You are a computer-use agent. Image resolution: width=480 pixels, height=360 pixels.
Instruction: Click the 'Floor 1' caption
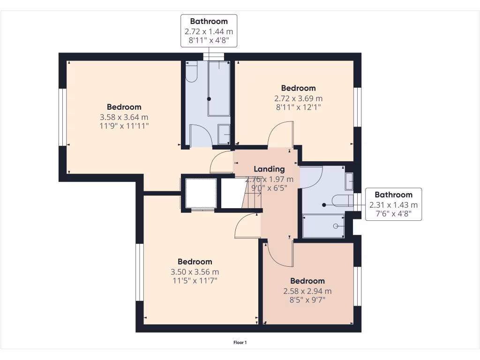tap(240, 343)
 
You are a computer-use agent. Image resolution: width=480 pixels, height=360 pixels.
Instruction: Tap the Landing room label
tap(269, 169)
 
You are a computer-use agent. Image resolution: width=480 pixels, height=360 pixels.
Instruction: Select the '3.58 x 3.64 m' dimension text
tap(124, 117)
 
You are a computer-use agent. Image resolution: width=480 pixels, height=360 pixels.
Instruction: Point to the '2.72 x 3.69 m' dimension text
tap(299, 98)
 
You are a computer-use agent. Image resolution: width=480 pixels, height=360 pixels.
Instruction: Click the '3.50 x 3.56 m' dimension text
tap(195, 272)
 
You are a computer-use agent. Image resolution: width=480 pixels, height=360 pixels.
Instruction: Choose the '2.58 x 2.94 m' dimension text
tap(307, 291)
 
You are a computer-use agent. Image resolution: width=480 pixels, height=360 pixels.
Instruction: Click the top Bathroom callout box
tap(209, 30)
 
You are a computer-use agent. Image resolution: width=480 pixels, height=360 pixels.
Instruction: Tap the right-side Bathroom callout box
tap(393, 204)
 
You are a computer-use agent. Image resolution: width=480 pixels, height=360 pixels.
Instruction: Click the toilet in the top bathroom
tap(191, 72)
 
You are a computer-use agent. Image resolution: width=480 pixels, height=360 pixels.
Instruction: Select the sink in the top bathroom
tap(224, 134)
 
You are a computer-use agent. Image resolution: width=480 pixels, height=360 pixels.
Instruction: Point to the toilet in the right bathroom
tap(342, 201)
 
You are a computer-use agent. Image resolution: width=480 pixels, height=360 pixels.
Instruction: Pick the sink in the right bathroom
tap(349, 181)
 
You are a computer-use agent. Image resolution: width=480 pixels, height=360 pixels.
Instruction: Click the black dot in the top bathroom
tap(209, 99)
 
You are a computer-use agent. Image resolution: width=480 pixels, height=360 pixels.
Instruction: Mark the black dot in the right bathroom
tap(324, 205)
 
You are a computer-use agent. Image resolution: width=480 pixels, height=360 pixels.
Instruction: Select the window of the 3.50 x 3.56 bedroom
tap(140, 272)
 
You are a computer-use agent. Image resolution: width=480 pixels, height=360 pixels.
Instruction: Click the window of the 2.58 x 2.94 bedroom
tap(358, 286)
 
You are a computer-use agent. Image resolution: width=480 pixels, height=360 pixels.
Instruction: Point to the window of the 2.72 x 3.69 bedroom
tap(358, 107)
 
